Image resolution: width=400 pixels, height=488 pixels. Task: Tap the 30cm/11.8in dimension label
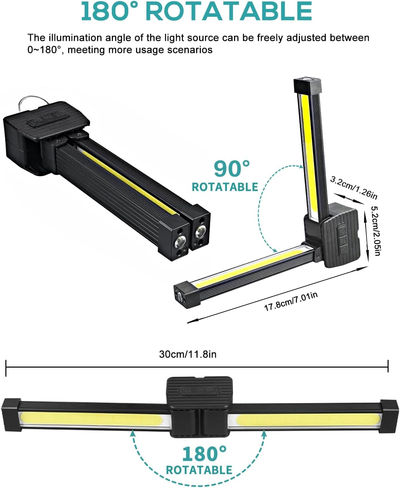click(187, 354)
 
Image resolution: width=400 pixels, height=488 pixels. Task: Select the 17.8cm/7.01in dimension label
click(291, 301)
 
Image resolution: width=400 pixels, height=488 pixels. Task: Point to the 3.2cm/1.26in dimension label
click(354, 187)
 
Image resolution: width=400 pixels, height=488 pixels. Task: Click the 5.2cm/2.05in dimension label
click(375, 230)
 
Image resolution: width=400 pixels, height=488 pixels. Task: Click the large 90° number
click(232, 169)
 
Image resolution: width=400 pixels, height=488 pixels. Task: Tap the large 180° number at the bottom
click(204, 454)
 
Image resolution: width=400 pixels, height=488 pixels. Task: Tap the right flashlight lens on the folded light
click(201, 232)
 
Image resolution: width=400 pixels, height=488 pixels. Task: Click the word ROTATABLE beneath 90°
click(225, 187)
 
